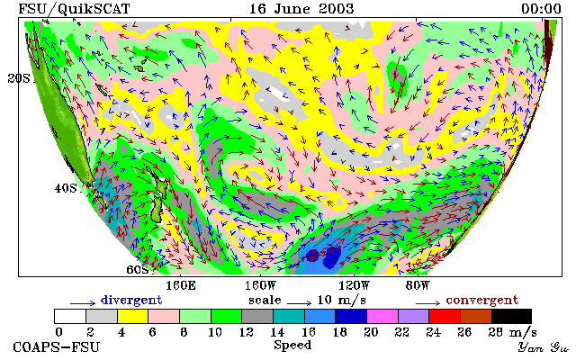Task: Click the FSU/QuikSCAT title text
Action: click(74, 9)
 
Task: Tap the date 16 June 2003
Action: click(301, 8)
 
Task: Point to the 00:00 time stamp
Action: click(541, 8)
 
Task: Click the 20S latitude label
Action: click(19, 78)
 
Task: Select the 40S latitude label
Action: click(66, 188)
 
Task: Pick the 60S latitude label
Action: click(138, 269)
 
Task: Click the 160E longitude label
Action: click(181, 286)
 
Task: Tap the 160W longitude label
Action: click(260, 286)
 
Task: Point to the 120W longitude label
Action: click(354, 286)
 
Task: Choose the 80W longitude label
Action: click(418, 286)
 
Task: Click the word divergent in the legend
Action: click(131, 301)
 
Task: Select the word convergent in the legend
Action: click(482, 301)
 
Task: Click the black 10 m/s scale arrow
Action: click(299, 303)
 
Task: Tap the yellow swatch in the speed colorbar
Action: click(132, 316)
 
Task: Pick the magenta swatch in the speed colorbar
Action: click(382, 316)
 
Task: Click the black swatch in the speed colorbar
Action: click(511, 316)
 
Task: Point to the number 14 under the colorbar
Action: click(277, 331)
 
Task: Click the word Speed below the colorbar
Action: click(292, 346)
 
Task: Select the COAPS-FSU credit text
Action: click(57, 347)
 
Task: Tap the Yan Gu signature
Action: click(543, 347)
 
